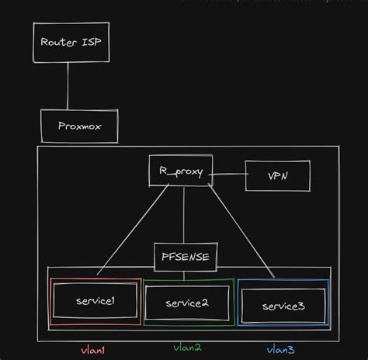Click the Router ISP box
pyautogui.click(x=71, y=43)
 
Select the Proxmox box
pyautogui.click(x=79, y=126)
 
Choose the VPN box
pyautogui.click(x=277, y=176)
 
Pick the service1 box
pyautogui.click(x=95, y=301)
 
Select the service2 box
pyautogui.click(x=187, y=303)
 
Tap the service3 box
pyautogui.click(x=283, y=305)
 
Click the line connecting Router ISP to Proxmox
pyautogui.click(x=68, y=85)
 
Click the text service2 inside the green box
pyautogui.click(x=187, y=303)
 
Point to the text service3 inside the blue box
pyautogui.click(x=283, y=306)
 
